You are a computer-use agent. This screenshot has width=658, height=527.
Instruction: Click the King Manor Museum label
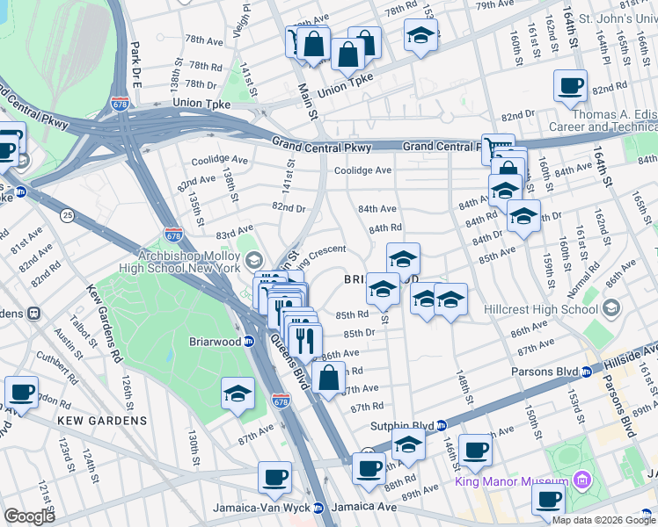coord(510,481)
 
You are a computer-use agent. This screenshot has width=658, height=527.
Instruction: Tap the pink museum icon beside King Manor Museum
coord(580,480)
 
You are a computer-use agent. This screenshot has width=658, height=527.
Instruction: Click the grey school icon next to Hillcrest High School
coord(610,308)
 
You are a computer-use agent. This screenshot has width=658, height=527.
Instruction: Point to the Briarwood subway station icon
coord(250,341)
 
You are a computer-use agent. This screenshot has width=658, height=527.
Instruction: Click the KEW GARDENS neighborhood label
coord(102,421)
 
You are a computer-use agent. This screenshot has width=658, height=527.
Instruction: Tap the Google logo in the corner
coord(29,516)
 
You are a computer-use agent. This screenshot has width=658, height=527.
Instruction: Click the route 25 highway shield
coord(67,213)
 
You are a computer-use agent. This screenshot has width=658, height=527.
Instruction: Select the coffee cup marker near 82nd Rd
coord(570,86)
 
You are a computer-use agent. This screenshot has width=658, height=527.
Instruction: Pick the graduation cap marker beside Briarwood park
coord(238,395)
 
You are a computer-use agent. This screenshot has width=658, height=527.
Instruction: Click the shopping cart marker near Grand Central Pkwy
coord(497,148)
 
